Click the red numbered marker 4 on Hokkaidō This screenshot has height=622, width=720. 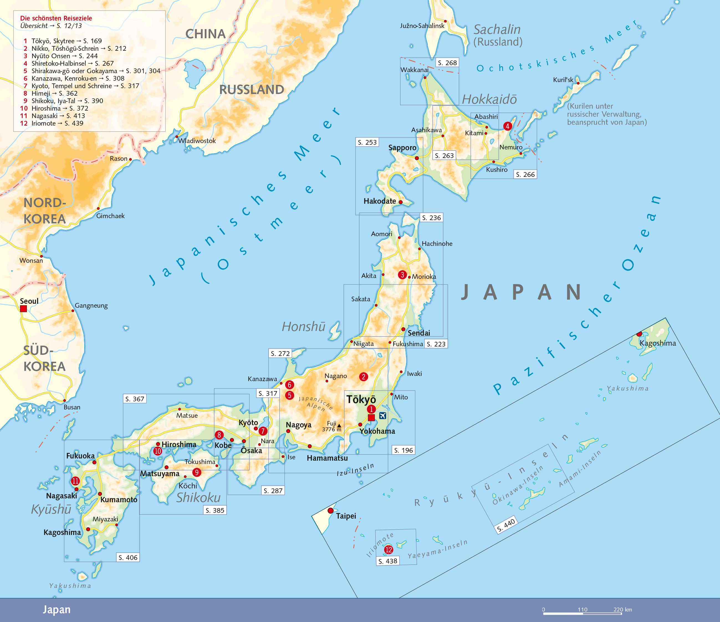(507, 126)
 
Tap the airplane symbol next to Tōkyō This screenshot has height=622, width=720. (383, 415)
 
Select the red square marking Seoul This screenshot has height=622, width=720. (23, 309)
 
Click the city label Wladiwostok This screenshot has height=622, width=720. (197, 141)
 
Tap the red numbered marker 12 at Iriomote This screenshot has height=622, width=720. (389, 550)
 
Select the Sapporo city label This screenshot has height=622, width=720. (402, 148)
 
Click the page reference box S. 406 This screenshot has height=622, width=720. (128, 558)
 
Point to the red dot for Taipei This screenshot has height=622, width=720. (330, 511)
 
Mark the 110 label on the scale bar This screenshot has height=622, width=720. (582, 610)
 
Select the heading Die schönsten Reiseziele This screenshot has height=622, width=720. (56, 18)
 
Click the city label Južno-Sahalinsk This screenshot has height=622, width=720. (422, 26)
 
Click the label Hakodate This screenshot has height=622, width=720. (379, 201)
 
